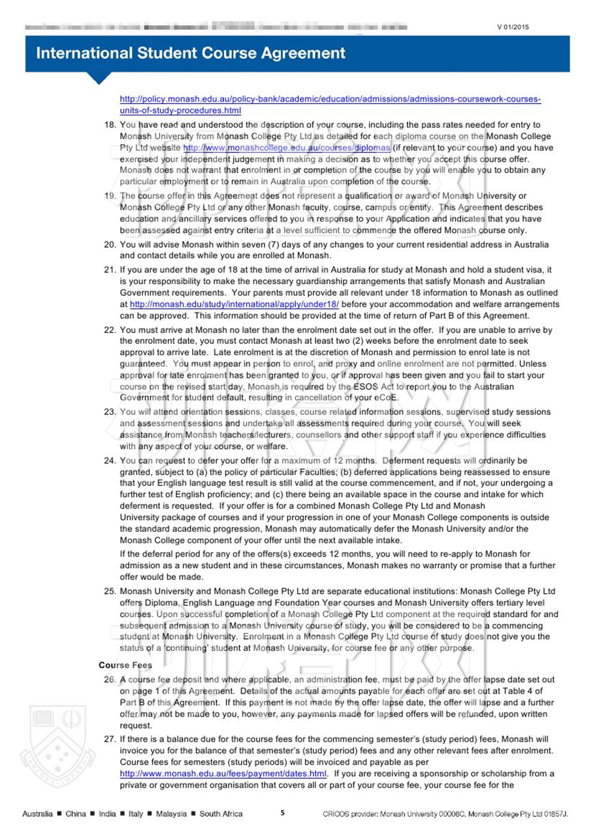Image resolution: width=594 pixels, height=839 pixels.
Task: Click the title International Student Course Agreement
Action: [191, 53]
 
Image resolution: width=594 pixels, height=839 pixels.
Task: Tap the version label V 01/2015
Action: [513, 27]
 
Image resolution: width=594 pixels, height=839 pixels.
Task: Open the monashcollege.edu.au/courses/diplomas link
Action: [286, 148]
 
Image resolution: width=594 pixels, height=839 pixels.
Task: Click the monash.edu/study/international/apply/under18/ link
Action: [234, 304]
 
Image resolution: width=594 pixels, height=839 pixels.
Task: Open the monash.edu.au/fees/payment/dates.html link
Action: [223, 773]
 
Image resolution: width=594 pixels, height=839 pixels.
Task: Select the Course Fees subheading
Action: [125, 665]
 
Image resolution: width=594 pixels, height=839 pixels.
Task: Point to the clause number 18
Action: [110, 125]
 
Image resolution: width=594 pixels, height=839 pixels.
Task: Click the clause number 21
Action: [110, 270]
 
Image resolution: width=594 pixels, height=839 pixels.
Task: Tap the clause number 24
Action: [110, 461]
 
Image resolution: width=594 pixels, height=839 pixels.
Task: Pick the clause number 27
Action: [110, 739]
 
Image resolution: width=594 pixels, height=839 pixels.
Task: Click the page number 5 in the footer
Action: [283, 813]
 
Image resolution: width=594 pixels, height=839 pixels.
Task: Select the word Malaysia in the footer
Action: [171, 814]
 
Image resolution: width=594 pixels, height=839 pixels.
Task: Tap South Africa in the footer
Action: [221, 814]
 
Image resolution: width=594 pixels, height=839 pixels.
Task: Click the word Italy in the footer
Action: [136, 814]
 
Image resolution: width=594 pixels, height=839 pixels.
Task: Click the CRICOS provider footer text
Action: [445, 814]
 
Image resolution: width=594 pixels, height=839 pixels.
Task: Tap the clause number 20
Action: [110, 245]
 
